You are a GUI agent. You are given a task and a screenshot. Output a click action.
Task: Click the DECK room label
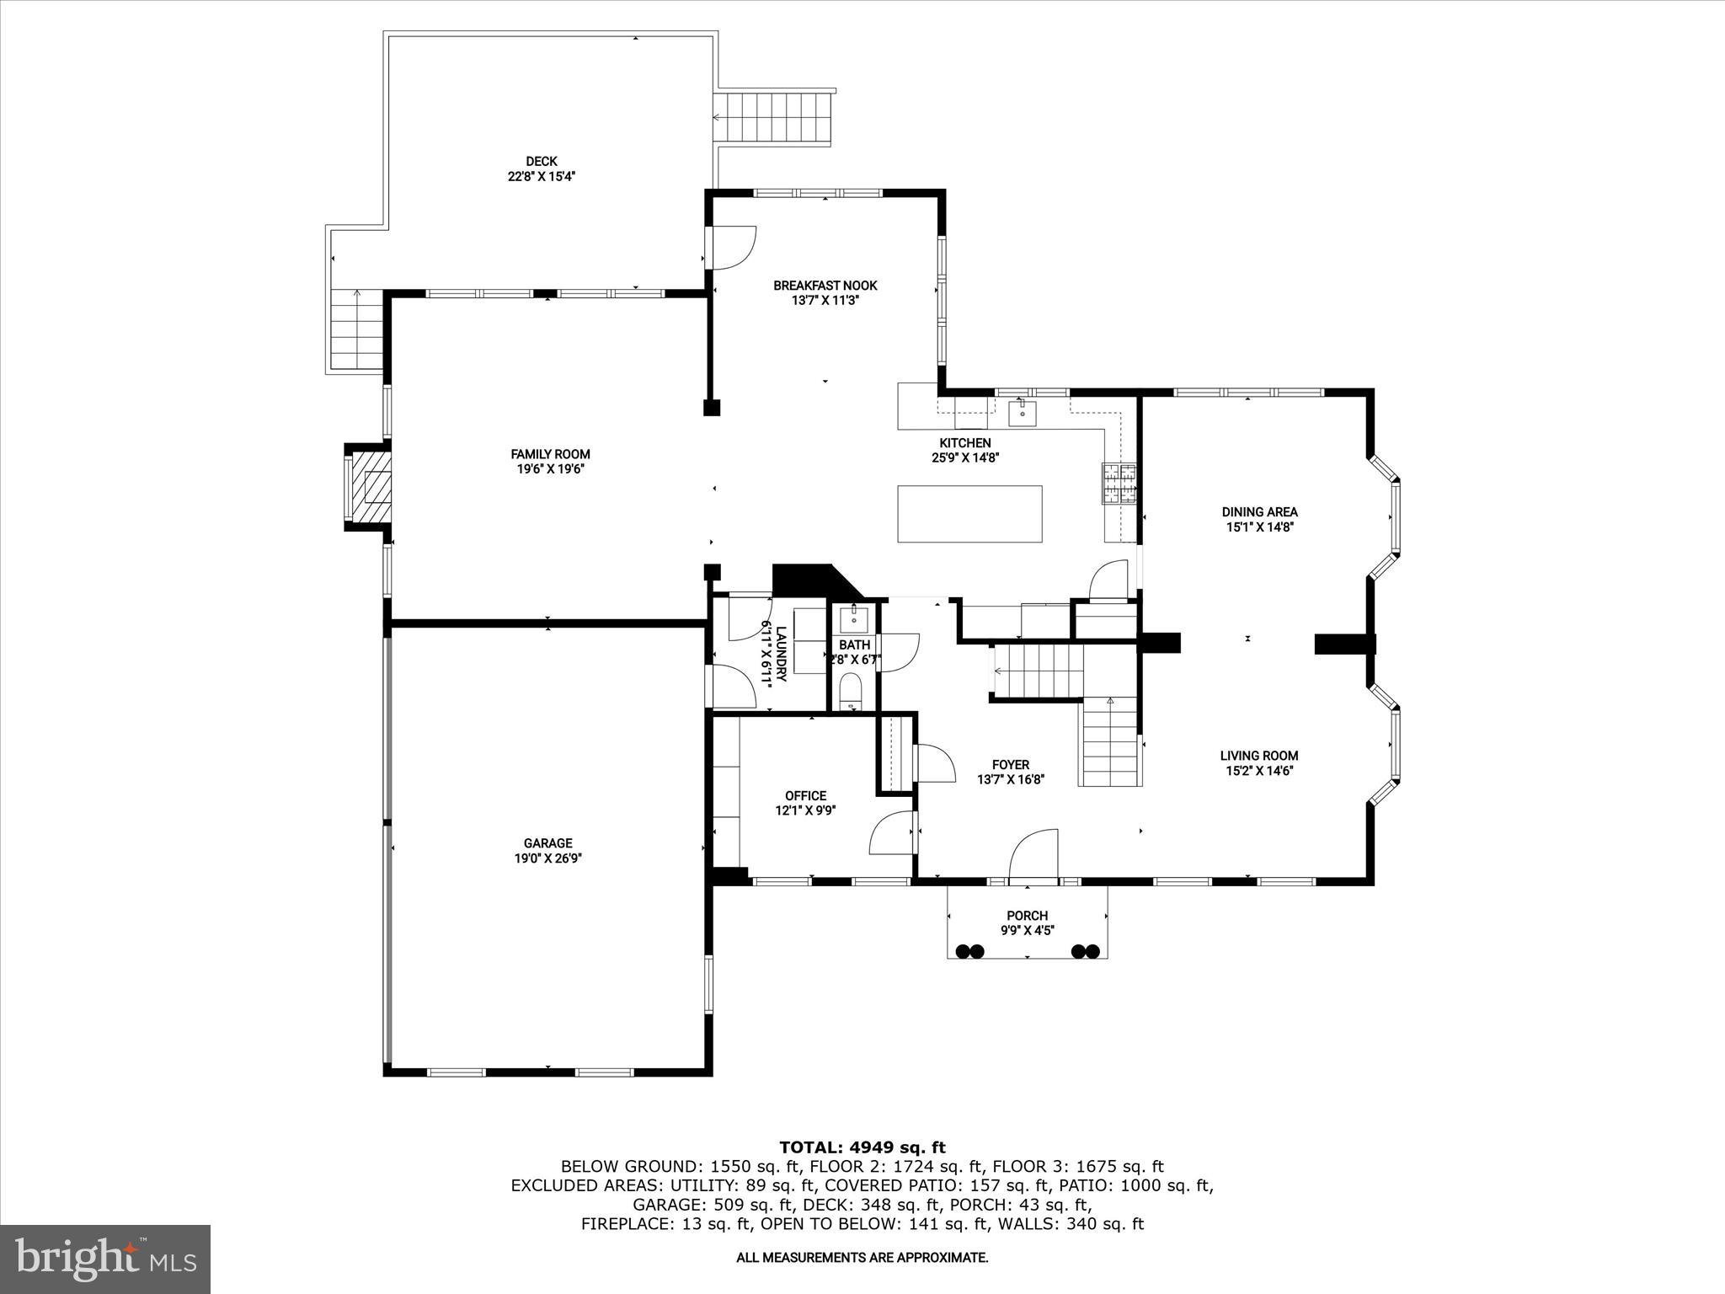[x=542, y=161]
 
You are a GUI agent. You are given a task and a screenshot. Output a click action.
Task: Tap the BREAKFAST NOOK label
[x=825, y=286]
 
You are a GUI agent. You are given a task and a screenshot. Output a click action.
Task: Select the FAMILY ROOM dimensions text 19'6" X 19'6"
[x=550, y=469]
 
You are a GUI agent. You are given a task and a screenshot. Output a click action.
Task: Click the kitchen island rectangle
[x=969, y=513]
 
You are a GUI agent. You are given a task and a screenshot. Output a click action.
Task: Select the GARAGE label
[x=547, y=842]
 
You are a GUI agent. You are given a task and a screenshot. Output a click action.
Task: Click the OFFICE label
[x=805, y=795]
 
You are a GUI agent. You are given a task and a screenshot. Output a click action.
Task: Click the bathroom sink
[x=853, y=618]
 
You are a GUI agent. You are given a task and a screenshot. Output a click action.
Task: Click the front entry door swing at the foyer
[x=1033, y=855]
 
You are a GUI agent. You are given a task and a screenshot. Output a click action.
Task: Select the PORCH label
[x=1027, y=916]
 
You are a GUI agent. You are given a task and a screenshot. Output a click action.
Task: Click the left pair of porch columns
[x=970, y=951]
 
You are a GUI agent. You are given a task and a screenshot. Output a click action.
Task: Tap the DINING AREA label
[x=1259, y=511]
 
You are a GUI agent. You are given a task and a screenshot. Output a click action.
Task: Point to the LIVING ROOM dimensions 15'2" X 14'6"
[x=1259, y=771]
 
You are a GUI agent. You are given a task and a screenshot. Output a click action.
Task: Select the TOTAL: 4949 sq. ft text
[x=862, y=1147]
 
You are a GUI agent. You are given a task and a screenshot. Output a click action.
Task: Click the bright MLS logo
[x=105, y=1258]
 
